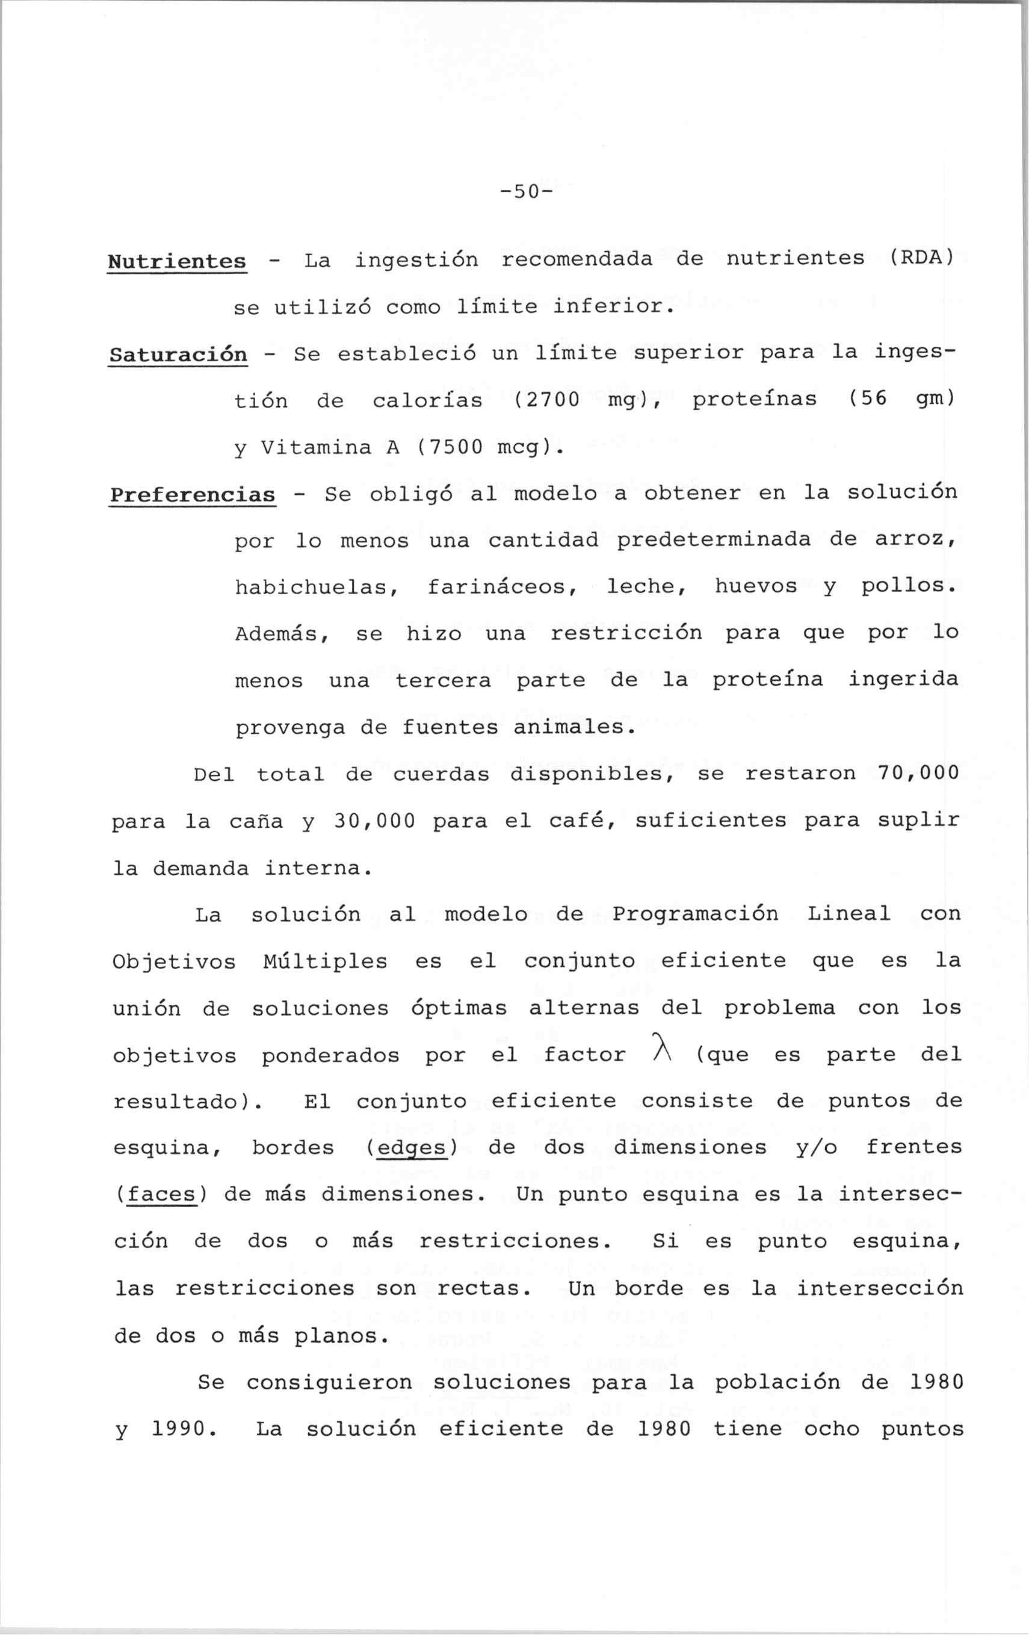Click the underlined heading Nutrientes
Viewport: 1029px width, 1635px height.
[x=176, y=261]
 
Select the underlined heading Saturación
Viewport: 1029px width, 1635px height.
[x=178, y=355]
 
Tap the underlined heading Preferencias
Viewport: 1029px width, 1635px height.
[x=193, y=495]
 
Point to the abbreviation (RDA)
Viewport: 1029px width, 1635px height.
[x=921, y=259]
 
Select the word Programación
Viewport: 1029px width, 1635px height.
[x=695, y=914]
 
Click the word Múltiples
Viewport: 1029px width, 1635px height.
[x=325, y=961]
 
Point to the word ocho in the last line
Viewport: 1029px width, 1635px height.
[x=832, y=1429]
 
